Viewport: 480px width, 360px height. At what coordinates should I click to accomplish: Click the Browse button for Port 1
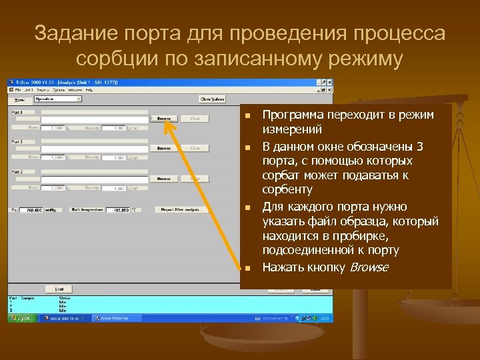pyautogui.click(x=163, y=119)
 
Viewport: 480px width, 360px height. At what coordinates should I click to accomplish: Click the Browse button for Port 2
pyautogui.click(x=163, y=148)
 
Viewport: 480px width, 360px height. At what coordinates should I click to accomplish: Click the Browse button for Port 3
pyautogui.click(x=163, y=178)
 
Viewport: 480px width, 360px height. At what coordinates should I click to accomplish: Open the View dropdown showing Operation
pyautogui.click(x=58, y=99)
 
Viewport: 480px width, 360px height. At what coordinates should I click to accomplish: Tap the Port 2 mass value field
pyautogui.click(x=57, y=157)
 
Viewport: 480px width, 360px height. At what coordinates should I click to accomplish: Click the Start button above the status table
pyautogui.click(x=58, y=289)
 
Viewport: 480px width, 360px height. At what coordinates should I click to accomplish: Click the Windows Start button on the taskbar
pyautogui.click(x=21, y=319)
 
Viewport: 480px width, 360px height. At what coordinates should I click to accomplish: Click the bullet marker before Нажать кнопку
pyautogui.click(x=247, y=269)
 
